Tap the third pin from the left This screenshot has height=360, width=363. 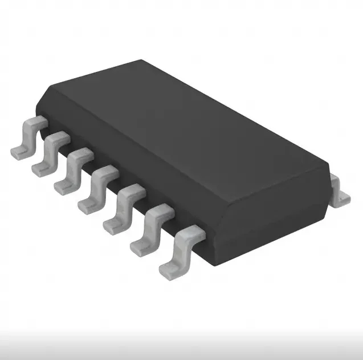pos(74,171)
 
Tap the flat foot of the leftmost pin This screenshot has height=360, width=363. pos(18,152)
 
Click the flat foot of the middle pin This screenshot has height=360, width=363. pos(86,205)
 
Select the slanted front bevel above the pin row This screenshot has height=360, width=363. pos(114,154)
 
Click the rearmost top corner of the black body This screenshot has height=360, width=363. pos(142,60)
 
